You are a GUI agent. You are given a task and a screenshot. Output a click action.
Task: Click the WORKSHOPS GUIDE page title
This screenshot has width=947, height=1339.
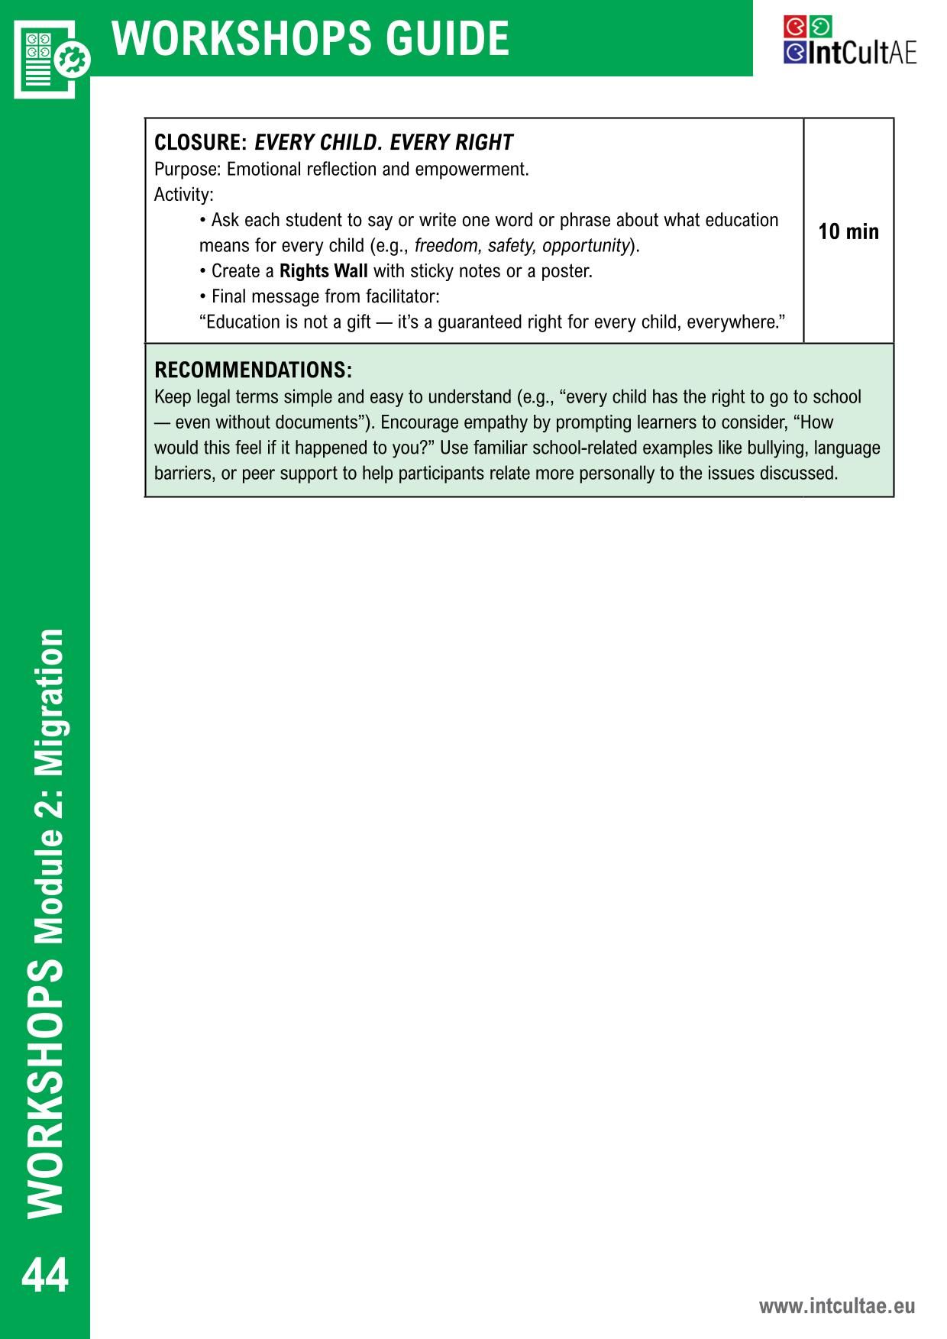point(310,39)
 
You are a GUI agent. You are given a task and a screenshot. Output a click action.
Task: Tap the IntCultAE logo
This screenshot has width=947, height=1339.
point(849,41)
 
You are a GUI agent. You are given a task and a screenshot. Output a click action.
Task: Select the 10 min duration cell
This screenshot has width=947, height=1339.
point(848,231)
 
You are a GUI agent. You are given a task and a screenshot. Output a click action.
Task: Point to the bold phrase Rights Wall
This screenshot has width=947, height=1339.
point(324,271)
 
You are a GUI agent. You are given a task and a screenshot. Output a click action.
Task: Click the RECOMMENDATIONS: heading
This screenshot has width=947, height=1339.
point(253,370)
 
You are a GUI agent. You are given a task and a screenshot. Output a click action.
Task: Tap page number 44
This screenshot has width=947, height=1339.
point(45,1275)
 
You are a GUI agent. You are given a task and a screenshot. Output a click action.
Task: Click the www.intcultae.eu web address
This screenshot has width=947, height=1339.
point(836,1306)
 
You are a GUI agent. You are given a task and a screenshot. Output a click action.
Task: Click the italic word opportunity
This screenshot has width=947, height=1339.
point(586,246)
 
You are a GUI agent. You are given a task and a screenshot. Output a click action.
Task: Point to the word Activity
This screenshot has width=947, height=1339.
point(183,195)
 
